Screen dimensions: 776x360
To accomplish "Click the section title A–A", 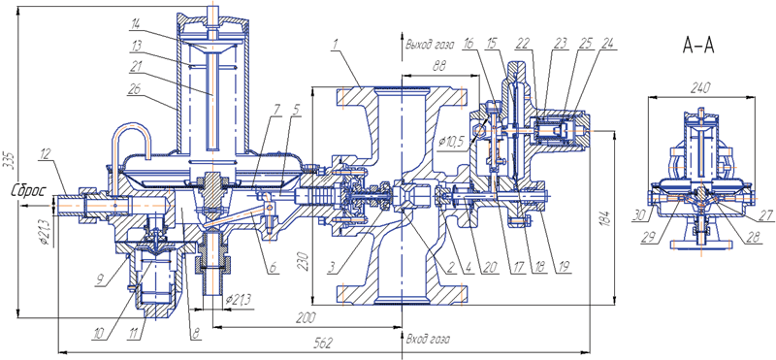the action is pos(697,46).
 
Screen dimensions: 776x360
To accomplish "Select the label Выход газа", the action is pos(430,44).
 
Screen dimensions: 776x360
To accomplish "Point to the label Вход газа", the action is pos(428,341).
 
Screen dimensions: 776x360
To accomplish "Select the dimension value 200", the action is pos(307,317).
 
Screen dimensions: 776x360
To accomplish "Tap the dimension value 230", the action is pos(307,261).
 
